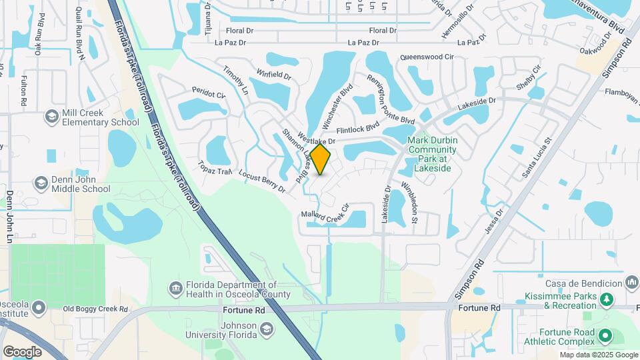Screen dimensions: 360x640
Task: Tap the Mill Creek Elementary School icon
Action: pyautogui.click(x=51, y=117)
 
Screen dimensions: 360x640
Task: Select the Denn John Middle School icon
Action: pyautogui.click(x=41, y=183)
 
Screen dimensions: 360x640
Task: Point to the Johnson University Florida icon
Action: pyautogui.click(x=266, y=329)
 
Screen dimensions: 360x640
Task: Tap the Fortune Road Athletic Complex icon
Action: pyautogui.click(x=605, y=335)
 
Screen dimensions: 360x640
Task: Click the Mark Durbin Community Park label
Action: pyautogui.click(x=432, y=155)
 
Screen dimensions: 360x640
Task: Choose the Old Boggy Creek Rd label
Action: pyautogui.click(x=95, y=309)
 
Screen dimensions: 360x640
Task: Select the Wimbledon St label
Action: pyautogui.click(x=409, y=201)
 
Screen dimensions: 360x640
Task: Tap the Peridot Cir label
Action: pyautogui.click(x=209, y=95)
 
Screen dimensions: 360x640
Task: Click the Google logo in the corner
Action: pyautogui.click(x=23, y=351)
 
